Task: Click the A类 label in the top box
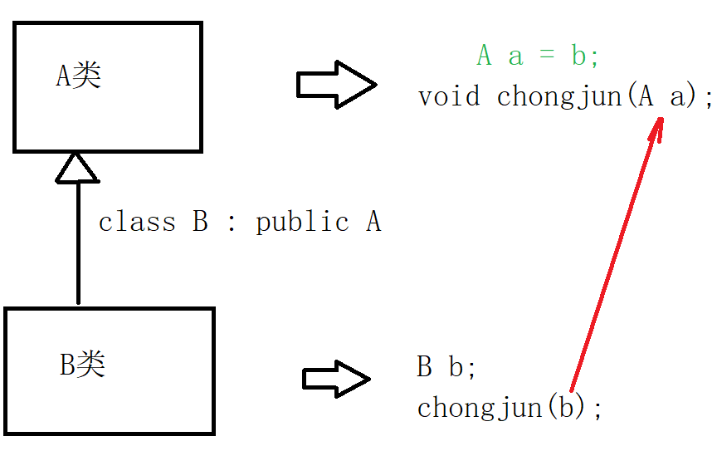(x=78, y=77)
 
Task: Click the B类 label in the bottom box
(x=83, y=365)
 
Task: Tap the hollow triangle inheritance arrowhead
(x=76, y=168)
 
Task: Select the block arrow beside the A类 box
(x=336, y=84)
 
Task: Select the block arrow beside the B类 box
(x=335, y=379)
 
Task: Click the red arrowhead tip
(x=661, y=120)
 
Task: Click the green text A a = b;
(x=538, y=56)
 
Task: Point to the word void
(x=449, y=96)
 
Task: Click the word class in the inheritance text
(x=137, y=223)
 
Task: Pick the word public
(x=302, y=223)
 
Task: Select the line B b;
(x=446, y=367)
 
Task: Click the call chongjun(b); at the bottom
(x=509, y=408)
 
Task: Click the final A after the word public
(x=373, y=223)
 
